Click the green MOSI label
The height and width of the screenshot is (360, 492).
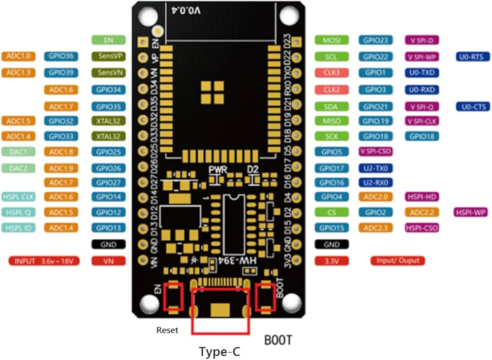click(332, 40)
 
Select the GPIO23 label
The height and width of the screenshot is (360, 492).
click(375, 40)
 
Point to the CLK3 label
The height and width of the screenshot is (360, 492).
click(332, 73)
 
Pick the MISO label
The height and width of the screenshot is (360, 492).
click(332, 121)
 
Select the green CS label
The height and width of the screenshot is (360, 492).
click(332, 213)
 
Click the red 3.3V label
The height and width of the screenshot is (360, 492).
click(332, 261)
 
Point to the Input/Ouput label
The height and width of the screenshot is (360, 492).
click(398, 261)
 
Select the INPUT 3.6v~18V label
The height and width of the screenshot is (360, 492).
click(44, 261)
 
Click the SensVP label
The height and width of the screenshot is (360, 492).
click(109, 57)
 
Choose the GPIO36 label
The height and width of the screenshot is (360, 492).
click(61, 57)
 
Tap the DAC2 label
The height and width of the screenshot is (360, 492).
click(19, 168)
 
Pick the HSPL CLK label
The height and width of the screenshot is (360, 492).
click(19, 197)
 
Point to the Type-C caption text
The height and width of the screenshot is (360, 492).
click(219, 352)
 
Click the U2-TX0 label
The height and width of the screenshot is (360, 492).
click(375, 168)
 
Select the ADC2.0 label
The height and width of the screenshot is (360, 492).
click(375, 197)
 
